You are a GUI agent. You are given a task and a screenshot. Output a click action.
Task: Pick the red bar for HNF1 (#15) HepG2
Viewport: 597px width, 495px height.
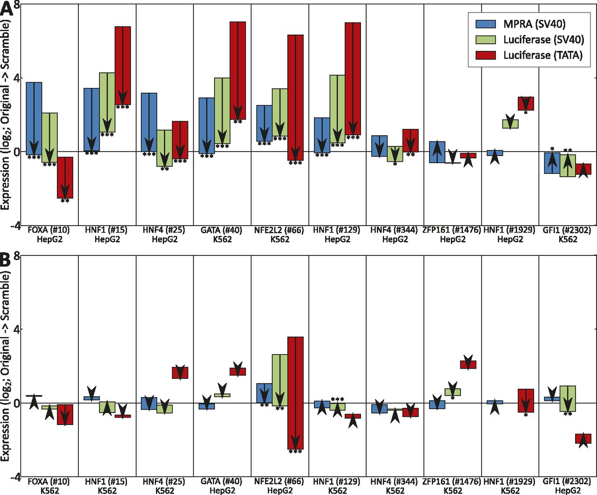pyautogui.click(x=123, y=65)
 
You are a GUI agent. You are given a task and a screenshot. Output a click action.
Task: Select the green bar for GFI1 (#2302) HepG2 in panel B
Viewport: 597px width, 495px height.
pyautogui.click(x=568, y=399)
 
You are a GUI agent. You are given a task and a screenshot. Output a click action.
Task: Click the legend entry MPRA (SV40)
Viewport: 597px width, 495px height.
pyautogui.click(x=534, y=24)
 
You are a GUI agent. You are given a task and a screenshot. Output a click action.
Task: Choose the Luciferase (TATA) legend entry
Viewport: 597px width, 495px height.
pyautogui.click(x=542, y=55)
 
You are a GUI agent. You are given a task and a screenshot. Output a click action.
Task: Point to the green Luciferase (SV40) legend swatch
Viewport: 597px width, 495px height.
pyautogui.click(x=486, y=40)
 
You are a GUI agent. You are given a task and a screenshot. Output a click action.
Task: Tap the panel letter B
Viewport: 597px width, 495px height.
pyautogui.click(x=6, y=260)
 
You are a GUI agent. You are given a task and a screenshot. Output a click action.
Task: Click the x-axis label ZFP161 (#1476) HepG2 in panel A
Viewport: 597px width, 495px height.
pyautogui.click(x=452, y=234)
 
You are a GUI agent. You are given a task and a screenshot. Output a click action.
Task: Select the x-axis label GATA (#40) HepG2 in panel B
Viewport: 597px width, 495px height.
pyautogui.click(x=222, y=485)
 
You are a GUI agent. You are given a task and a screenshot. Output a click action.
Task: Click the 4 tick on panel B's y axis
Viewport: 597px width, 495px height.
pyautogui.click(x=17, y=329)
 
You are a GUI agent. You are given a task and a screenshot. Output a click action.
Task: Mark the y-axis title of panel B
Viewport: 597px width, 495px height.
pyautogui.click(x=6, y=366)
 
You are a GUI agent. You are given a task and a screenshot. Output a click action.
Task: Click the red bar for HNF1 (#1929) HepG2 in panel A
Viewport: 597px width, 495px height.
pyautogui.click(x=526, y=103)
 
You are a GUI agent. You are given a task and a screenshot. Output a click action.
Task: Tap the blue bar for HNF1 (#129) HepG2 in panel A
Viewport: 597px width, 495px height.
pyautogui.click(x=322, y=135)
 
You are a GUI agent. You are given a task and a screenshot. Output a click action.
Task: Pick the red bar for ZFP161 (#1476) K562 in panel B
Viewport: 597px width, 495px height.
pyautogui.click(x=468, y=364)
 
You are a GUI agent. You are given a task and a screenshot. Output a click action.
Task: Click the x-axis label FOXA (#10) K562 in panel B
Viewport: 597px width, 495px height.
pyautogui.click(x=49, y=485)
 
